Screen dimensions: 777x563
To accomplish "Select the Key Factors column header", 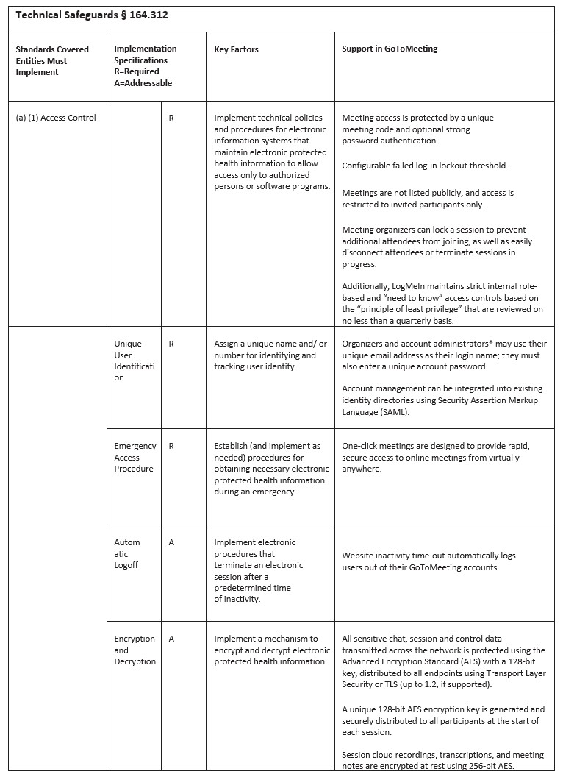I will (236, 49).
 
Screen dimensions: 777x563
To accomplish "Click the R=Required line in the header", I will (137, 72).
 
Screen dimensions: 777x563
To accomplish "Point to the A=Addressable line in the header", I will (143, 83).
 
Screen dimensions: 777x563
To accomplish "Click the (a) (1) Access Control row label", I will (56, 118).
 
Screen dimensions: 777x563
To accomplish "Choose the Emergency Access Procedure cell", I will (135, 457).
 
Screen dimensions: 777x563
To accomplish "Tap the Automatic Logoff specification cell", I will (126, 553).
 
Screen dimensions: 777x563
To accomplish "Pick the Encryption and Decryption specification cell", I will (135, 650).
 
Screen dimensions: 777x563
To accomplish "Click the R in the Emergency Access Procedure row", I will (171, 446).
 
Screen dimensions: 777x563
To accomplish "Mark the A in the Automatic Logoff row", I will (171, 542).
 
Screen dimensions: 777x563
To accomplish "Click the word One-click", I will (362, 446).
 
